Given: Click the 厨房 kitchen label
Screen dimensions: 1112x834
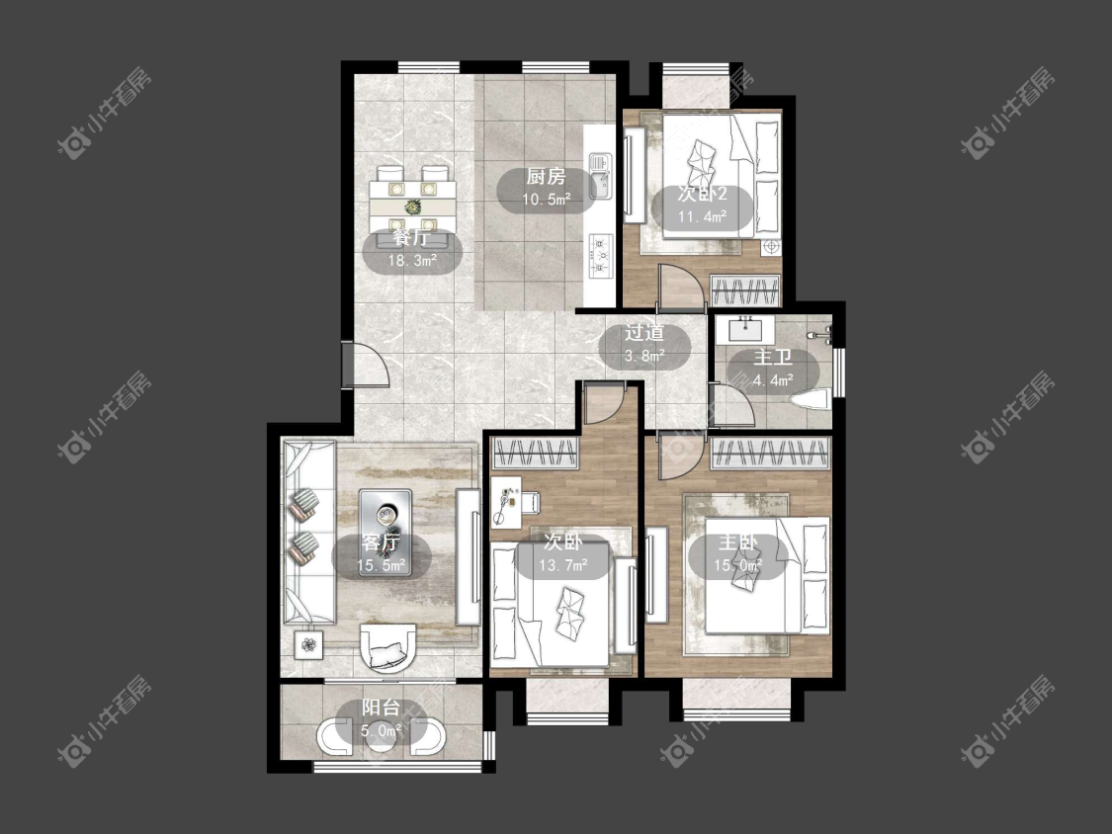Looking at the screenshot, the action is [x=546, y=176].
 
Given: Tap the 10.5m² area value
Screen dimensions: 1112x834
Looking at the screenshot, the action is [x=546, y=200].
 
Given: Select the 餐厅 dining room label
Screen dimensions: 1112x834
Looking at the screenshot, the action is [x=411, y=237].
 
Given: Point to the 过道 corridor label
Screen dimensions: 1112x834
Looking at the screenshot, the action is [x=643, y=332].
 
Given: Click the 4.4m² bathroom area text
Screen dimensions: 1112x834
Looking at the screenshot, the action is [x=773, y=380].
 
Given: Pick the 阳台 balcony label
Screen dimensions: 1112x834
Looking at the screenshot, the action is [x=381, y=708].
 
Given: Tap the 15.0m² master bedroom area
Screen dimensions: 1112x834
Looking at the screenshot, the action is [x=738, y=565].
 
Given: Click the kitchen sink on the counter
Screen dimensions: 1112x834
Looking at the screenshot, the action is [x=600, y=177].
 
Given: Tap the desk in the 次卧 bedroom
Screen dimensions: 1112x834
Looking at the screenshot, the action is [x=506, y=502].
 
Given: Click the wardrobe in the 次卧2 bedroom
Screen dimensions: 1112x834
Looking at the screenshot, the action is [x=744, y=292].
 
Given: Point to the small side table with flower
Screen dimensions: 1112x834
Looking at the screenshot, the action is [x=308, y=644].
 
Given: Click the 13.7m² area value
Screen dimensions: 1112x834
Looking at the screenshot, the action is [x=563, y=565].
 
